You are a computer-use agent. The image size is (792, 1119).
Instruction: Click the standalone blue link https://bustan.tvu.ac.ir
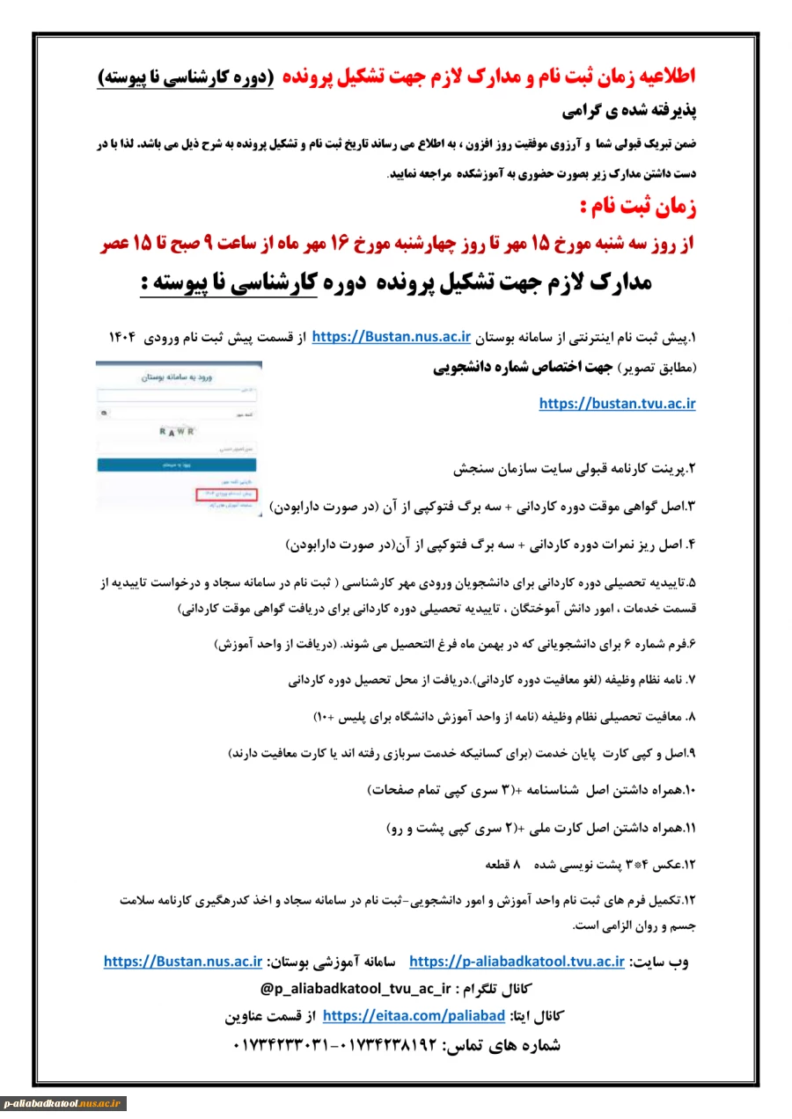pyautogui.click(x=617, y=404)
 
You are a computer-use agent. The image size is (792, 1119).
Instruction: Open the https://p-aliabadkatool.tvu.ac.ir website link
pyautogui.click(x=517, y=961)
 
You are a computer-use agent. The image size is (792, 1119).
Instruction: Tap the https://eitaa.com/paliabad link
pyautogui.click(x=414, y=1016)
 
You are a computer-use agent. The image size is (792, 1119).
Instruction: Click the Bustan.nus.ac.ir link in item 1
pyautogui.click(x=392, y=337)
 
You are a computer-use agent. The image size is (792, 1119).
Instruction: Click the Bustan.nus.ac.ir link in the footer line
pyautogui.click(x=183, y=961)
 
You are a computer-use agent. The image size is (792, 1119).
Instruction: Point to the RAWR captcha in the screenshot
pyautogui.click(x=177, y=431)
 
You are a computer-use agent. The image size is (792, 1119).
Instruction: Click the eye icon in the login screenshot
pyautogui.click(x=106, y=411)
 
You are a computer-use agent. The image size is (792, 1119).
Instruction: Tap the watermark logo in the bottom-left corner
pyautogui.click(x=63, y=1103)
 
